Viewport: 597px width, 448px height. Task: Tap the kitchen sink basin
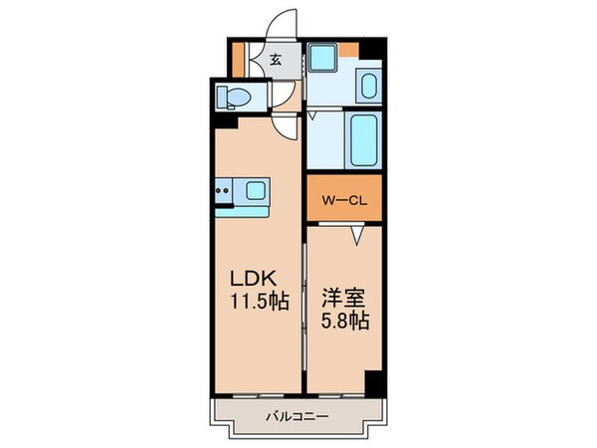255,188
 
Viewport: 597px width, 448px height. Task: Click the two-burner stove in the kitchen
225,187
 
